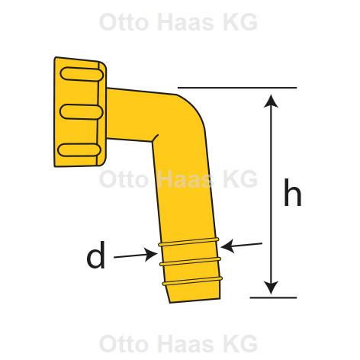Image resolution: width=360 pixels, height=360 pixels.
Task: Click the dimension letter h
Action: [292, 192]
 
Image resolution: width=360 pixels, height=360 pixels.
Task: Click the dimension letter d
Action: [96, 255]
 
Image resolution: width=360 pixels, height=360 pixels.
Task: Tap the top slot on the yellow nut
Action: [82, 74]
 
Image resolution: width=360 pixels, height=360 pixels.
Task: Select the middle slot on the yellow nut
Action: [82, 112]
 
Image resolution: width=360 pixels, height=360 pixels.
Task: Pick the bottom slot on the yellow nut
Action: [79, 150]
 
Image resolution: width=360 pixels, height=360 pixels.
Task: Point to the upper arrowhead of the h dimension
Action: [271, 101]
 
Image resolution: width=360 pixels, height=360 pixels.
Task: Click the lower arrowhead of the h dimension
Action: [271, 288]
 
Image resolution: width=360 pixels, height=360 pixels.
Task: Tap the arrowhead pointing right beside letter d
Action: [151, 255]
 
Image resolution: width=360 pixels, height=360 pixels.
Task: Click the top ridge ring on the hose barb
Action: [188, 242]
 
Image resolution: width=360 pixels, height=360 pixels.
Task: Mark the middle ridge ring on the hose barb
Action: [190, 262]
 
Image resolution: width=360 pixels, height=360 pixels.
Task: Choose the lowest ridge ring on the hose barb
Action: [192, 281]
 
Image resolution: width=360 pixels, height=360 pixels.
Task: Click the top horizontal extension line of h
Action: [237, 88]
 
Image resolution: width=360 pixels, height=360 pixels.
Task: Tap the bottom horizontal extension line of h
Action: [273, 297]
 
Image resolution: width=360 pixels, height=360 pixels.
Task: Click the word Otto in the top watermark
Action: [124, 22]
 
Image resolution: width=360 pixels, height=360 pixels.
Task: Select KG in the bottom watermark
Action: [240, 344]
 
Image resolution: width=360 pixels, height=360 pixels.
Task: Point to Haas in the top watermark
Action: [186, 22]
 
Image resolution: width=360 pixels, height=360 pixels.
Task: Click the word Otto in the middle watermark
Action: [124, 179]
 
